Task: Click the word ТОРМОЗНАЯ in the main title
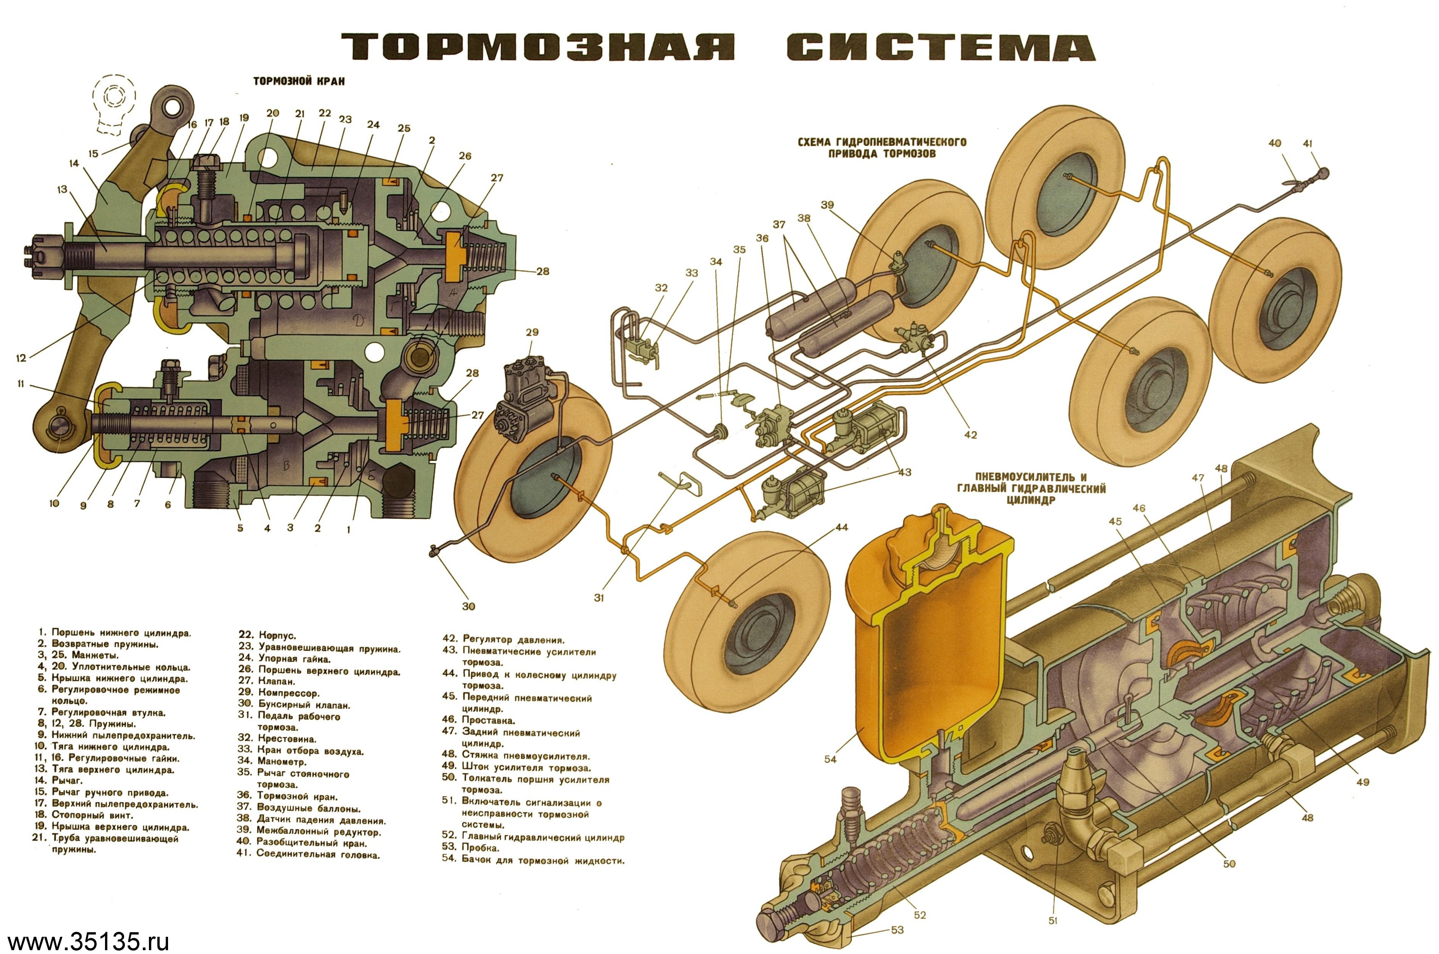[x=538, y=47]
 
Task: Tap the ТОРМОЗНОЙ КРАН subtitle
[x=299, y=81]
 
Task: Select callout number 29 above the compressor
[x=532, y=332]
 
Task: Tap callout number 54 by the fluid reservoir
[x=830, y=759]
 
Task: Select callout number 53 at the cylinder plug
[x=897, y=930]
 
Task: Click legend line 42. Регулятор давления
[x=504, y=640]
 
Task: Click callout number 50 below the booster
[x=1229, y=863]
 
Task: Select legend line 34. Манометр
[x=272, y=761]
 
